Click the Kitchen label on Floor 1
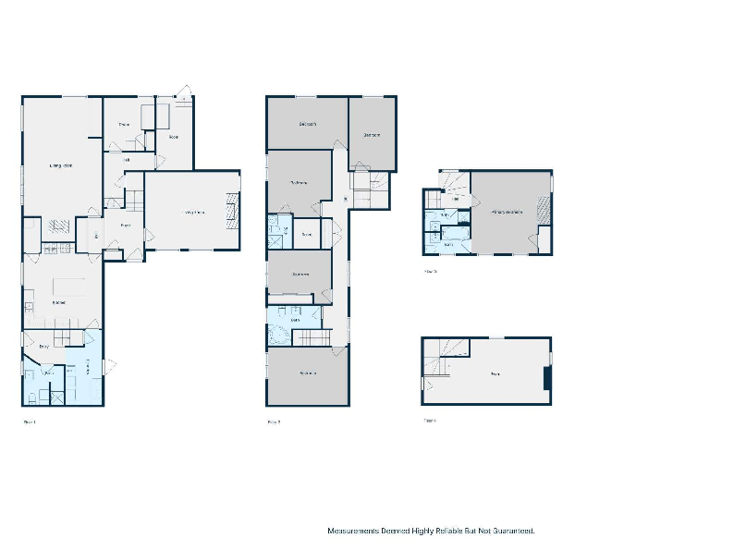pos(58,303)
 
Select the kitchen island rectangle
pos(67,286)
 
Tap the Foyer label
pos(125,225)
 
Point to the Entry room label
pos(43,347)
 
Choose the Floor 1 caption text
pos(29,422)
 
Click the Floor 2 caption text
pos(274,422)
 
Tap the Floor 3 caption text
pos(430,272)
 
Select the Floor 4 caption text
pos(430,420)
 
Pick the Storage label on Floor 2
pos(306,234)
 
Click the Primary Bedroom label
pos(507,213)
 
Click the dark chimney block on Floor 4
pos(547,378)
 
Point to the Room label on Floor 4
pos(495,374)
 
